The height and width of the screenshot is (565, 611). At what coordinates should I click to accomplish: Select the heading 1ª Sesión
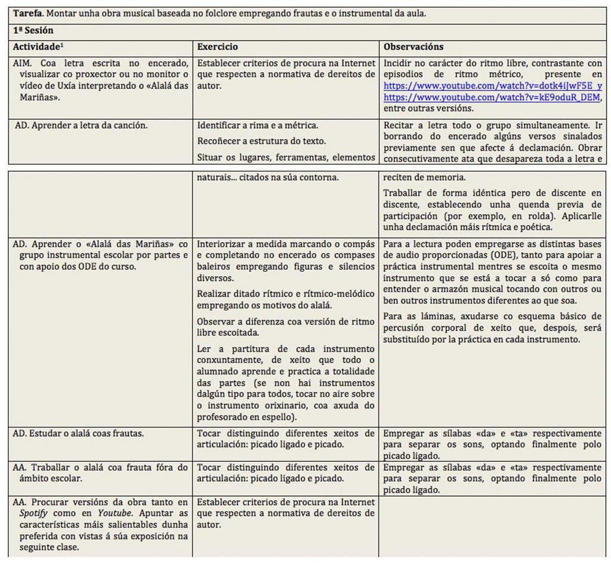tap(35, 30)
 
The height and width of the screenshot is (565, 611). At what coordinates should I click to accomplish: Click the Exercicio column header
tap(218, 47)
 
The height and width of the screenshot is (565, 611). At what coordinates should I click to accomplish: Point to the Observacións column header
tap(413, 47)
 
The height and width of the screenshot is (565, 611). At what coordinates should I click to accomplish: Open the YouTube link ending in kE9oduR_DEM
tap(493, 97)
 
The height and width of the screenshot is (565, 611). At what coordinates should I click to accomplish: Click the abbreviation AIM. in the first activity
tap(23, 63)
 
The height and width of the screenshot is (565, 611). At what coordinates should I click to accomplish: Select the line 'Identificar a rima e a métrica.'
tap(258, 125)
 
